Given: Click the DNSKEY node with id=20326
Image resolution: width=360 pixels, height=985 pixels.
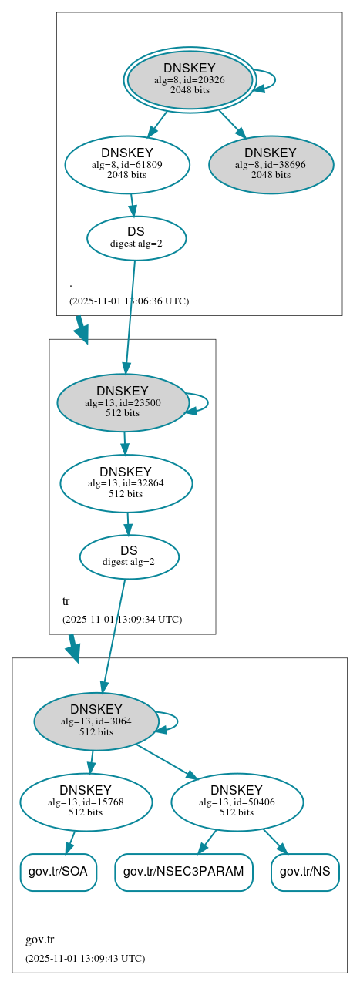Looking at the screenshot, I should pos(190,79).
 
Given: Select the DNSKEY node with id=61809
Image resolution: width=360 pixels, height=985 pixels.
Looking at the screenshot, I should pos(127,163).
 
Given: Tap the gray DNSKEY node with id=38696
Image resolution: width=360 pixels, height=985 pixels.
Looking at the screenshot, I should pos(271,163).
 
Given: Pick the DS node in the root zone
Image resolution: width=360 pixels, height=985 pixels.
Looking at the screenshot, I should pos(136,237).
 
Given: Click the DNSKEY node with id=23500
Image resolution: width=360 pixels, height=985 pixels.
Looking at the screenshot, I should pos(123,402).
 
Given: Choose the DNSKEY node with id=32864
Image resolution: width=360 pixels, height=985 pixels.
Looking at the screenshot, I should pos(126,482).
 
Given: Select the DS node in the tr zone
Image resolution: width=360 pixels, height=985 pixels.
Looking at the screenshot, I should pos(129,556).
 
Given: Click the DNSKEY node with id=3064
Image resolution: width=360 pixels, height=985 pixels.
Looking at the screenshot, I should pos(96,721).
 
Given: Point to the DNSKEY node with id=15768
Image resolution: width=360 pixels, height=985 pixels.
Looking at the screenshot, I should pos(86,802).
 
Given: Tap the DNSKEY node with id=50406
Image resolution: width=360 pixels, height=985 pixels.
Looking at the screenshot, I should pos(237,802).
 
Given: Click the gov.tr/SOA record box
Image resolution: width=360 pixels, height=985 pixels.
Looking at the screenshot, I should pos(58,872).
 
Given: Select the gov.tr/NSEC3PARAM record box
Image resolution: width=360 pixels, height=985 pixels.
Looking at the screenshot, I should pos(183,872).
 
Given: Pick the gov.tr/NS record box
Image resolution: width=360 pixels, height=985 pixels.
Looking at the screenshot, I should pos(305,872).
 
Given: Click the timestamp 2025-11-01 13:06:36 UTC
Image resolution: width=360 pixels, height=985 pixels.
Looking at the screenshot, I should pos(129,301).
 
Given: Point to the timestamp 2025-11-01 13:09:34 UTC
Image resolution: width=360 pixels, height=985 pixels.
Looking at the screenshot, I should pos(122,619).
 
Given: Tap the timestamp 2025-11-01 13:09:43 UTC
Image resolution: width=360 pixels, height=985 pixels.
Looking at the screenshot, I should pos(85,958).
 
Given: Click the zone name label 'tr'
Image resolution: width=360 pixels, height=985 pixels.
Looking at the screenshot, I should pos(66,601).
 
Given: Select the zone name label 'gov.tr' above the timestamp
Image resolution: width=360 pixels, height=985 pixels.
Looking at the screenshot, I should pos(39,940).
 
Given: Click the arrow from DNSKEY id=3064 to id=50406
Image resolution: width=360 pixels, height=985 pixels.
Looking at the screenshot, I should pos(166,761).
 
